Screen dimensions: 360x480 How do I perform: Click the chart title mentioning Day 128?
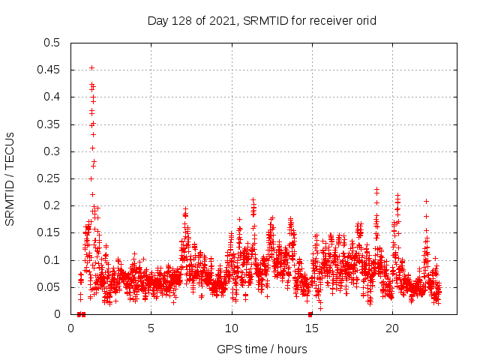tap(262, 20)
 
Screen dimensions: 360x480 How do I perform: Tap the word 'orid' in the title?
tap(364, 20)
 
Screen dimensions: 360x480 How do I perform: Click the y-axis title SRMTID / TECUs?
tap(10, 178)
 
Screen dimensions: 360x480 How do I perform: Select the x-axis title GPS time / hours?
tap(262, 349)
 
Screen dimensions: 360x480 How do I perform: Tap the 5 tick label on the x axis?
tap(151, 328)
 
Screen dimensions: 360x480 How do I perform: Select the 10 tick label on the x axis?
tap(231, 328)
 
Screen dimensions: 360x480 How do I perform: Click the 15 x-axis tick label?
tap(311, 328)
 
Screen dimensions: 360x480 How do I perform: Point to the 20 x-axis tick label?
tap(391, 328)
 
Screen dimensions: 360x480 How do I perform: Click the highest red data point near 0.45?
tap(91, 68)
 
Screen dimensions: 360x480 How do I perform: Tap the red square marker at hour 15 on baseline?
tap(310, 314)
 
